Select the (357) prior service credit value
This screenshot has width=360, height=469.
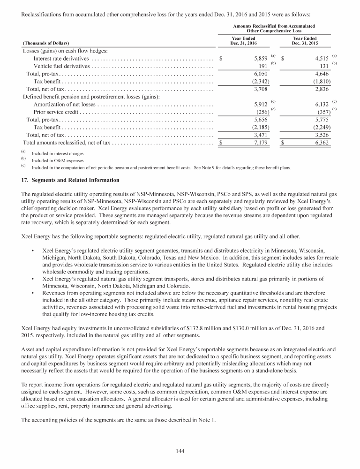point(321,112)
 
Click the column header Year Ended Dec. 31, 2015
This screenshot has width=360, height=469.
point(304,41)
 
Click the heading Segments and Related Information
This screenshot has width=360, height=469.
point(67,180)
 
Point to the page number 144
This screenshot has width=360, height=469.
point(180,451)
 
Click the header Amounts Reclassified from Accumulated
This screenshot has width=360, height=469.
point(273,25)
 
